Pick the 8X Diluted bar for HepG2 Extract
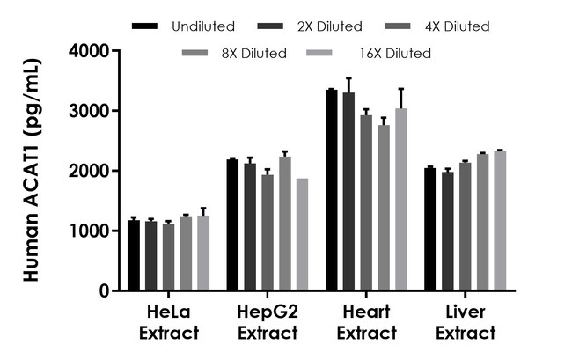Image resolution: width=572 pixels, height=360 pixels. point(285,224)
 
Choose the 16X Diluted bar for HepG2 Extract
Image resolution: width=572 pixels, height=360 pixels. point(303,234)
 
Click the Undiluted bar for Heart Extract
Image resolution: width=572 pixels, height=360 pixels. point(331,190)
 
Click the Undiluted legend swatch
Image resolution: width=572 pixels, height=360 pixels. point(143,26)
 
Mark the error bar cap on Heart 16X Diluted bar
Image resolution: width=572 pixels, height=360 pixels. point(401,89)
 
